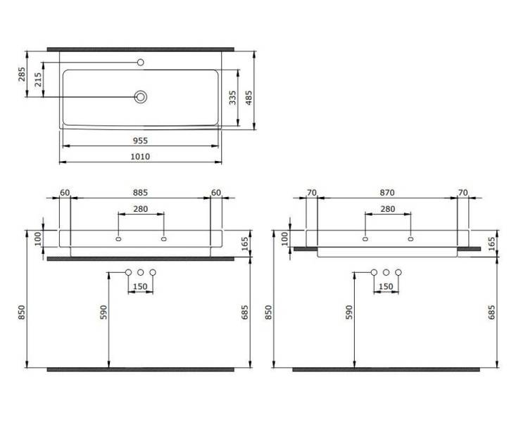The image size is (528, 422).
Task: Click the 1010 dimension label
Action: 140,156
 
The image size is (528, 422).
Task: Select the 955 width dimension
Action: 140,141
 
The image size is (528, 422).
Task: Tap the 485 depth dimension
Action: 249,98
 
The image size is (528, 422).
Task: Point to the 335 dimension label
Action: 233,98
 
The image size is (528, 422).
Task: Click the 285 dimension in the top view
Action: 22,75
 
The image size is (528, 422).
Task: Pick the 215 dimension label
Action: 38,79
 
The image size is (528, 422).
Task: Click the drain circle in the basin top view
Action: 141,97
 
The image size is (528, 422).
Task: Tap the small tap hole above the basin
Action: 141,63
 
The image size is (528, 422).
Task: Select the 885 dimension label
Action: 140,193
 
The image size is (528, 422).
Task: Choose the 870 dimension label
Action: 387,193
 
